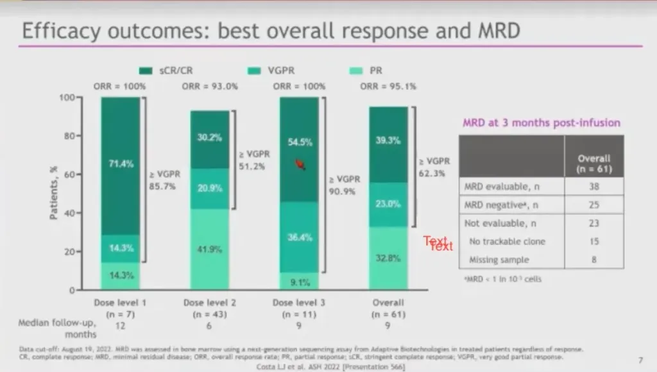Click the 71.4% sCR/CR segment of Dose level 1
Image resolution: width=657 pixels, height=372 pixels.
click(x=121, y=164)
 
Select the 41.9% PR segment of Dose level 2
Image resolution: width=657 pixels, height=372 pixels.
click(x=210, y=248)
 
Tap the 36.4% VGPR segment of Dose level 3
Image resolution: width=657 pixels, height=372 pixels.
click(x=299, y=237)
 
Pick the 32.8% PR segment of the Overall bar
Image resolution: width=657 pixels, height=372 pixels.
click(x=388, y=258)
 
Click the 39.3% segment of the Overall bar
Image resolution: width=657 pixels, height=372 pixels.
click(x=388, y=141)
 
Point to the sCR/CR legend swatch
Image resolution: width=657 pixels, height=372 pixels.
click(x=145, y=71)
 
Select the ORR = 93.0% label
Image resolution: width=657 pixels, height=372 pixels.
click(x=209, y=86)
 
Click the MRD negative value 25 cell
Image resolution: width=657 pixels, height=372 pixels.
click(x=593, y=205)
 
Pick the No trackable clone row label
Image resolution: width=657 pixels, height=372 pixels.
click(x=507, y=242)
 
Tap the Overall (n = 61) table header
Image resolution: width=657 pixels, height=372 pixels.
click(x=593, y=164)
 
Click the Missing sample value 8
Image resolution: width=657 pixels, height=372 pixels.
click(x=593, y=260)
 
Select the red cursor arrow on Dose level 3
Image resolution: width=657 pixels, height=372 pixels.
click(x=299, y=165)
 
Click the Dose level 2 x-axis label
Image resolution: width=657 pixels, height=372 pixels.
click(x=210, y=302)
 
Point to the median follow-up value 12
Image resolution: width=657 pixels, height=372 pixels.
click(x=121, y=326)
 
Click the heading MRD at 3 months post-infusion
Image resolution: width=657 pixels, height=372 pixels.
click(x=542, y=123)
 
